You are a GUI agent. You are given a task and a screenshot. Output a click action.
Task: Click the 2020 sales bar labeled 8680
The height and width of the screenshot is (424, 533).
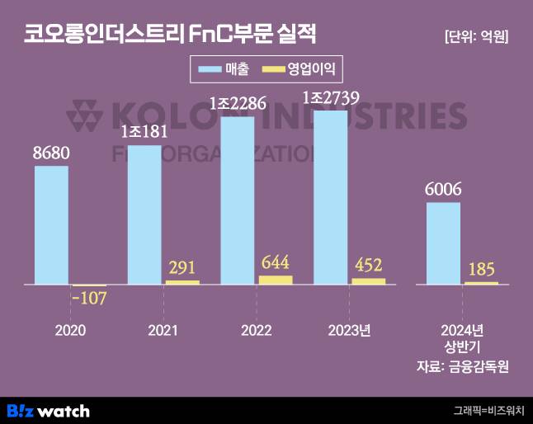[51, 225]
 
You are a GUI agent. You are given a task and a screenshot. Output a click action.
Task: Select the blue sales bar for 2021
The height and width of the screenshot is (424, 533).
[145, 214]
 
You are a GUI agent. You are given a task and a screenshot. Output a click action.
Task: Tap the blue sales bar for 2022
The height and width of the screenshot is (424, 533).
[238, 200]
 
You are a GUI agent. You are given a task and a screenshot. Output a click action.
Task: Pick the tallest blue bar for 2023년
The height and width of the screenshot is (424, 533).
[331, 197]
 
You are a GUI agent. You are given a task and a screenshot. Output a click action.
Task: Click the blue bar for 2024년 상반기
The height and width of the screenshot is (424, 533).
[443, 243]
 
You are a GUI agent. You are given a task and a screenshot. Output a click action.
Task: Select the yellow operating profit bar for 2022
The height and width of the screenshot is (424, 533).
[275, 280]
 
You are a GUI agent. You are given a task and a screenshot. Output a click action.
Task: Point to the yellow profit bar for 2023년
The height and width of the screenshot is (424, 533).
[368, 281]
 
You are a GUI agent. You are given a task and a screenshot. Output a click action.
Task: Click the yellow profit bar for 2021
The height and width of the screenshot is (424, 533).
[182, 282]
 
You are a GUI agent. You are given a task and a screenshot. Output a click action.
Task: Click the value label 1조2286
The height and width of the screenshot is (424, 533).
[237, 105]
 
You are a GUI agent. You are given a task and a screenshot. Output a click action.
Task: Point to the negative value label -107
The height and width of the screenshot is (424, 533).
[88, 298]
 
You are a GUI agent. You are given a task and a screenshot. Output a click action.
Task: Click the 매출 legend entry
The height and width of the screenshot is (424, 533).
[223, 68]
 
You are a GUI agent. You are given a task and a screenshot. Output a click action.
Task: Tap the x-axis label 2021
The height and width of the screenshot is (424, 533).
[163, 331]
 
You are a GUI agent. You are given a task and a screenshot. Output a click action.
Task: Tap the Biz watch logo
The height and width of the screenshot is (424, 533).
[48, 410]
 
